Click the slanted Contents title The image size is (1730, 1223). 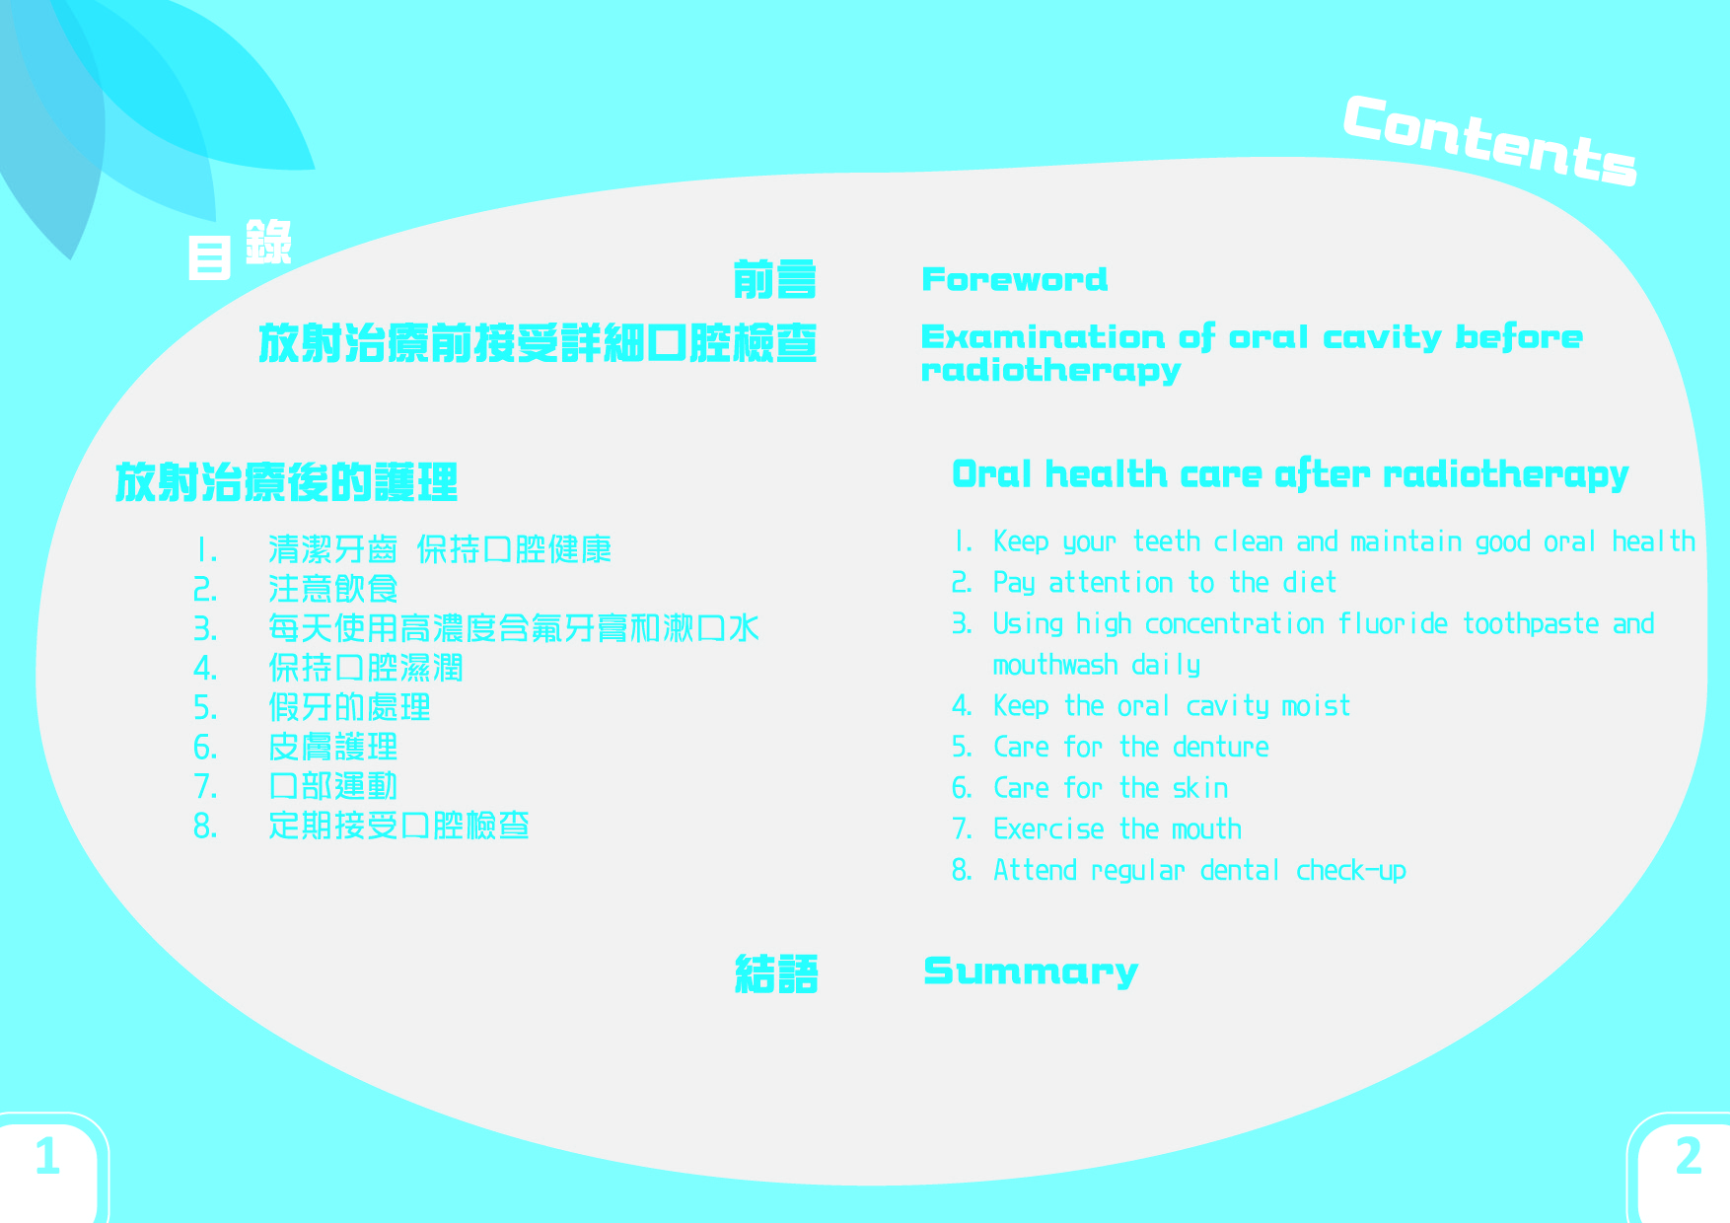click(x=1490, y=140)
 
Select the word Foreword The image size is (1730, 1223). click(x=1014, y=279)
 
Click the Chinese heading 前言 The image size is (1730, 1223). click(x=775, y=279)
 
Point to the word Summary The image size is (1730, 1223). click(x=1031, y=972)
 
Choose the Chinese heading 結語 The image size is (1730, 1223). click(x=776, y=974)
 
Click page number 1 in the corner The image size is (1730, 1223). click(x=47, y=1156)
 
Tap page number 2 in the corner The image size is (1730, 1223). click(x=1689, y=1156)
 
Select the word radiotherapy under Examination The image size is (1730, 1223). click(x=1050, y=371)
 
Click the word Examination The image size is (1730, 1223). click(x=1045, y=337)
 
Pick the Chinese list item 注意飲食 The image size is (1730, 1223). click(x=332, y=589)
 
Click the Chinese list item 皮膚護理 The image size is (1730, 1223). click(x=332, y=747)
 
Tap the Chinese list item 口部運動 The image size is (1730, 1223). click(x=332, y=786)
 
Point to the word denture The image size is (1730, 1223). click(x=1220, y=748)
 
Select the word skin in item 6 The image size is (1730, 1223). click(x=1200, y=788)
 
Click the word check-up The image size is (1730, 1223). click(x=1351, y=871)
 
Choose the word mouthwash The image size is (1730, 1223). click(x=1055, y=665)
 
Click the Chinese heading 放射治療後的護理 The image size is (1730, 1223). click(x=287, y=482)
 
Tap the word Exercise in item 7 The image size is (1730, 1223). click(x=1048, y=829)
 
